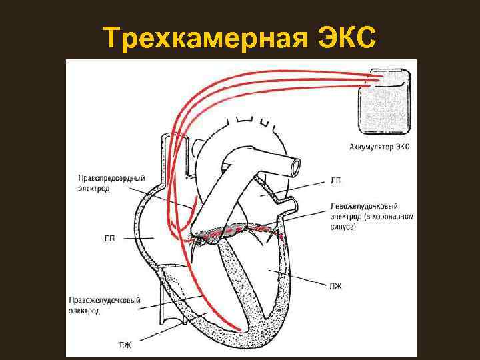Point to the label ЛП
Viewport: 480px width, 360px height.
(335, 179)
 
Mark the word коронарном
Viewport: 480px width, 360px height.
(395, 216)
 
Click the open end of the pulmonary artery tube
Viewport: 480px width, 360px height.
(291, 165)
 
